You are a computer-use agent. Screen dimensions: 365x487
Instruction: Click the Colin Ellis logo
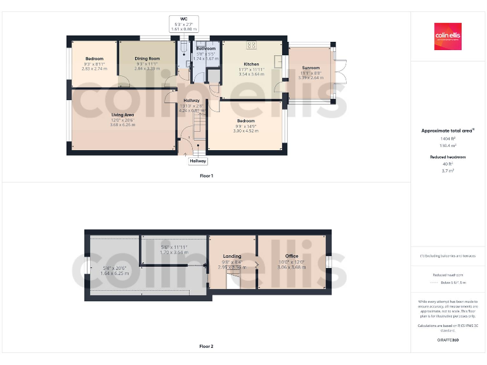click(x=448, y=37)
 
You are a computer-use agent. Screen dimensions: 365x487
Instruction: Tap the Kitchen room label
click(x=251, y=64)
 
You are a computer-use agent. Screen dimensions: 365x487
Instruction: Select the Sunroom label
click(x=311, y=68)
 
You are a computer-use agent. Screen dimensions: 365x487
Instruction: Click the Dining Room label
click(x=147, y=58)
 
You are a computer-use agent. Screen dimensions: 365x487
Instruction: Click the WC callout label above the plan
click(x=184, y=19)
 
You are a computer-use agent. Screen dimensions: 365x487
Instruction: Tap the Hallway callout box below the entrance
click(x=197, y=161)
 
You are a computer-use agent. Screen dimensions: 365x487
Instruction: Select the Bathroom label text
click(x=205, y=49)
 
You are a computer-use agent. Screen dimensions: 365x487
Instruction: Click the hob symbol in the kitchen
click(x=251, y=45)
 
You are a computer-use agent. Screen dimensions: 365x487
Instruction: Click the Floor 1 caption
click(x=206, y=176)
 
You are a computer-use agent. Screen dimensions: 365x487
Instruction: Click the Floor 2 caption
click(x=206, y=347)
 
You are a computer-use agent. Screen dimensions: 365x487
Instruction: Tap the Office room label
click(x=291, y=256)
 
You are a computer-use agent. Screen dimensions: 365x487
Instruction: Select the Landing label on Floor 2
click(x=232, y=256)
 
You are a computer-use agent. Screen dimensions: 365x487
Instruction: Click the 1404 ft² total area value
click(x=448, y=138)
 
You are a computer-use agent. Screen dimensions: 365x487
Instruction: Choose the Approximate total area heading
click(x=448, y=131)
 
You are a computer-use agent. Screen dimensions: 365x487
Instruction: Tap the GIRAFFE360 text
click(x=448, y=340)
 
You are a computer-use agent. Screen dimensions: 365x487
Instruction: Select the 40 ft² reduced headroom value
click(x=448, y=164)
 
